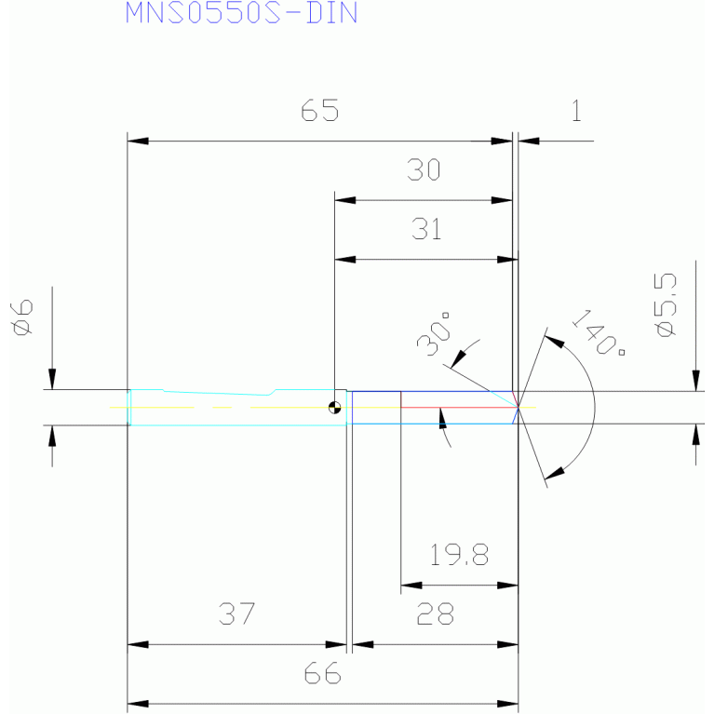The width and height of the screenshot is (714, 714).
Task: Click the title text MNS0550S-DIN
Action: (x=241, y=13)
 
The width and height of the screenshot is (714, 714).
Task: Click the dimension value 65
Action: (x=320, y=110)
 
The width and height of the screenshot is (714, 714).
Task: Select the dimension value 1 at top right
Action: (x=576, y=111)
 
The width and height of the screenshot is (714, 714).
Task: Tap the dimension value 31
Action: (x=426, y=229)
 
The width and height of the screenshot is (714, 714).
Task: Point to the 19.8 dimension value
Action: (x=459, y=555)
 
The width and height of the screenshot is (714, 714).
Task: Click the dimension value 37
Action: (x=236, y=613)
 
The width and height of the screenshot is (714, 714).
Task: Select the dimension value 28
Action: (x=436, y=613)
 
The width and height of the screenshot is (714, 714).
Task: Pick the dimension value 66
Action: (x=322, y=673)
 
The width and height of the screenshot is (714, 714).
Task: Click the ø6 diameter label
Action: (x=22, y=317)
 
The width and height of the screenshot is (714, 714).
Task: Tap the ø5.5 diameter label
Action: (x=667, y=304)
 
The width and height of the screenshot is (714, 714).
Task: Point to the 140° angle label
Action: (x=598, y=333)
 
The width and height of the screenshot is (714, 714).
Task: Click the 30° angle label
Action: (x=434, y=334)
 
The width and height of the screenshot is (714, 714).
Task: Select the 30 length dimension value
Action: (x=424, y=169)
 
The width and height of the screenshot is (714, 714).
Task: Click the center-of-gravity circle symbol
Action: (x=335, y=407)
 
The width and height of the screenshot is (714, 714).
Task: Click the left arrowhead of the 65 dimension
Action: (x=138, y=141)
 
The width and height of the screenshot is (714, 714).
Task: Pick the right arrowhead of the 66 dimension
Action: (x=507, y=704)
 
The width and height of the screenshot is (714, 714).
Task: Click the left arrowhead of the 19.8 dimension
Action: (x=411, y=586)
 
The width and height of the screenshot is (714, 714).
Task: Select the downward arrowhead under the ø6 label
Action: (x=52, y=379)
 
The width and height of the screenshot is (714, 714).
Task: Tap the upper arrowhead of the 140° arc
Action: (x=554, y=342)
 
